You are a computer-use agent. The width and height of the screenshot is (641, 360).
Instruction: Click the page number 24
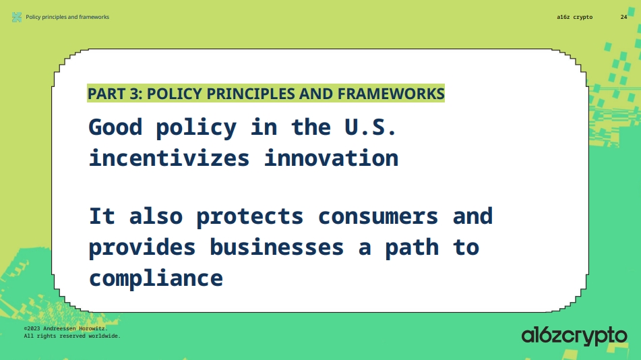(623, 17)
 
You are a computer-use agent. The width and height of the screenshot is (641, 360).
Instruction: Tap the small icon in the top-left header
(17, 17)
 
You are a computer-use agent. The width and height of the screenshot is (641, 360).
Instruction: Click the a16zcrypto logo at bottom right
(574, 335)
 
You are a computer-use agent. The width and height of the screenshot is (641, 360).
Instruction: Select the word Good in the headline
(115, 127)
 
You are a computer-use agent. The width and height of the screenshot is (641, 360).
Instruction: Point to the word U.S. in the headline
(371, 127)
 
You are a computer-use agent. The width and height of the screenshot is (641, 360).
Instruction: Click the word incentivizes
(169, 158)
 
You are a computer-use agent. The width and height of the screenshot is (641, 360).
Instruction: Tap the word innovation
(331, 158)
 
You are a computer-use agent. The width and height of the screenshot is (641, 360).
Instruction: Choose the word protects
(250, 216)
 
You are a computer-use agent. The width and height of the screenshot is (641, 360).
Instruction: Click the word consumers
(378, 216)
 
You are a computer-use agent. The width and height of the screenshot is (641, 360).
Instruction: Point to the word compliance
(156, 278)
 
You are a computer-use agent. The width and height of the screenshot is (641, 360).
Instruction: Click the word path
(412, 247)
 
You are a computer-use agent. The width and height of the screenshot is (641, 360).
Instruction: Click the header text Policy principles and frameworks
(67, 17)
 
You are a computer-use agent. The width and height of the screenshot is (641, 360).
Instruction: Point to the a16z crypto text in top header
(575, 17)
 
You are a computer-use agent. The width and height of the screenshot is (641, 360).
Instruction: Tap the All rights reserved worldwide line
(72, 335)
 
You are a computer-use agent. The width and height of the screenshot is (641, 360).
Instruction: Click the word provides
(142, 247)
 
